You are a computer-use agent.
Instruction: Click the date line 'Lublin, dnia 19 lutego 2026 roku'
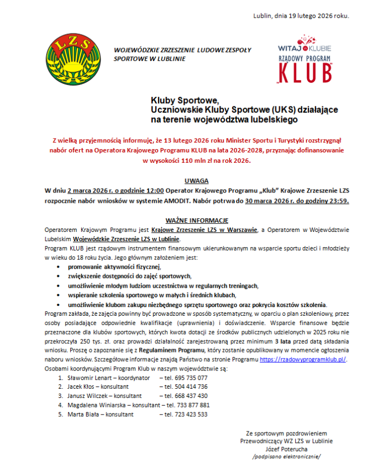301,15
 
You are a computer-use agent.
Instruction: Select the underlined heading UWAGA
196,181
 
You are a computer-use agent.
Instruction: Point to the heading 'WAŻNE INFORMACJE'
196,219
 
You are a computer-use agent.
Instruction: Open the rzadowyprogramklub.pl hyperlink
303,359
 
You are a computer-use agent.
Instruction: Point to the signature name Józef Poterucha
286,448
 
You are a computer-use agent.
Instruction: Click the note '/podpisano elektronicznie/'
286,457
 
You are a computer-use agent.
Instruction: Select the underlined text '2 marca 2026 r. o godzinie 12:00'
115,191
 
